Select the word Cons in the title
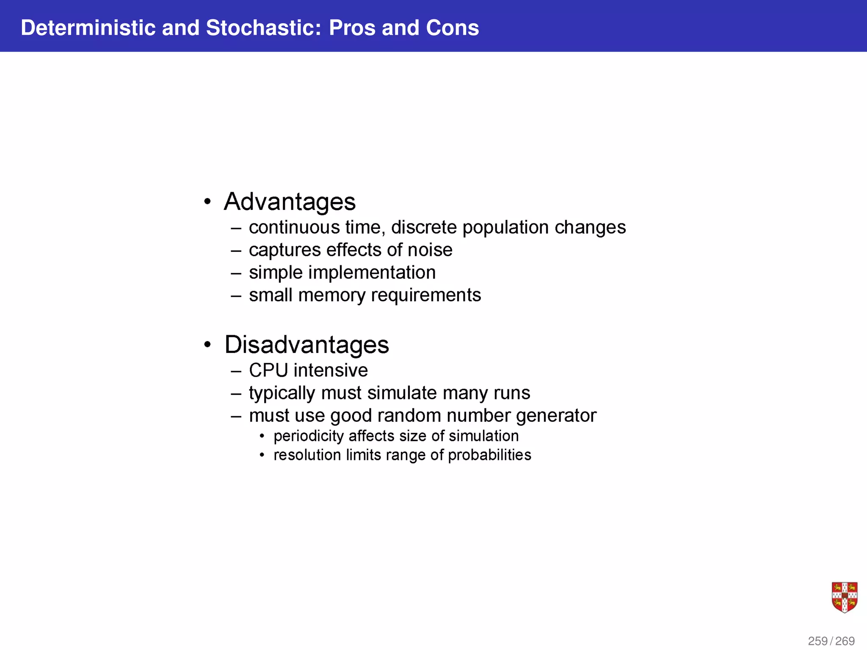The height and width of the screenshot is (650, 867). pyautogui.click(x=452, y=28)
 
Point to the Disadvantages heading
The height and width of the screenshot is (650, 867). pyautogui.click(x=306, y=344)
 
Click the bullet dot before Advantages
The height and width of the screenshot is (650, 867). pyautogui.click(x=207, y=202)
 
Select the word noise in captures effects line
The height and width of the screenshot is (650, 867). pyautogui.click(x=430, y=250)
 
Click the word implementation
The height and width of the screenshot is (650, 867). pyautogui.click(x=372, y=273)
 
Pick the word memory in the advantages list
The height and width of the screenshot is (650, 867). pyautogui.click(x=331, y=295)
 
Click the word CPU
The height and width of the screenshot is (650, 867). pyautogui.click(x=268, y=370)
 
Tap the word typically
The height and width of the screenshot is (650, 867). pyautogui.click(x=282, y=393)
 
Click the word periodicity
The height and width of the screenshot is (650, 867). pyautogui.click(x=309, y=436)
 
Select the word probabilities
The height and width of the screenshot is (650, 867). pyautogui.click(x=489, y=455)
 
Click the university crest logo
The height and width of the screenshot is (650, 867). pyautogui.click(x=844, y=597)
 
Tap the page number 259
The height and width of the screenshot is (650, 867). pyautogui.click(x=817, y=641)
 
